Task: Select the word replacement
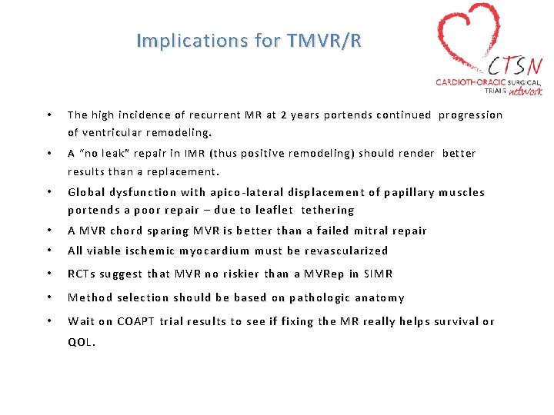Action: click(x=185, y=171)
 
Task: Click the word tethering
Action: click(x=328, y=210)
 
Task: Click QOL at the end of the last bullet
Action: click(x=81, y=343)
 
